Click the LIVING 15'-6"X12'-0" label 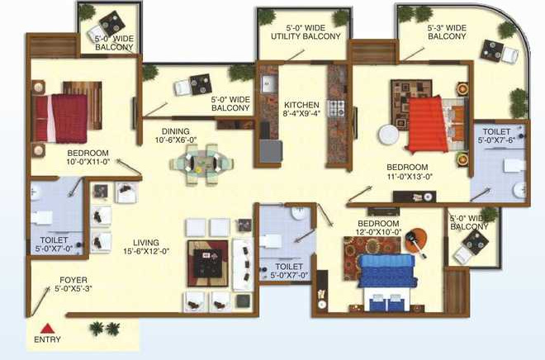(147, 246)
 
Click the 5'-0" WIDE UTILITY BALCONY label (303, 32)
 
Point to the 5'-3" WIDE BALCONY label (447, 32)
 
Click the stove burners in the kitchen (336, 107)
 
